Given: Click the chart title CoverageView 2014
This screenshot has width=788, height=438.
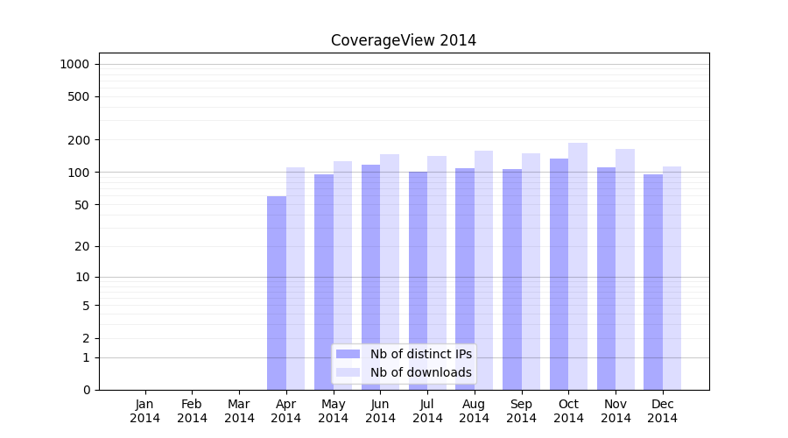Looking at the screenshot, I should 404,40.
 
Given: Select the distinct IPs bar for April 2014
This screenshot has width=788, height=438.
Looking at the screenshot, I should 277,293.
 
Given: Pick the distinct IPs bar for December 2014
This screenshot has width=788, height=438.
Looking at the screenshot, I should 653,282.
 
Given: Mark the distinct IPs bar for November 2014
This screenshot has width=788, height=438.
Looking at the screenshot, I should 606,279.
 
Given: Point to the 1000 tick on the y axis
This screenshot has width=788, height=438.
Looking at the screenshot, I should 74,64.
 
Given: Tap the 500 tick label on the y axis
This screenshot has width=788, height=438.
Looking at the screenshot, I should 80,96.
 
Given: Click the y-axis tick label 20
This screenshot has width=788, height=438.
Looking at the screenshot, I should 83,246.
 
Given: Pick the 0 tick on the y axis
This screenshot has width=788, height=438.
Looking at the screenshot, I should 86,390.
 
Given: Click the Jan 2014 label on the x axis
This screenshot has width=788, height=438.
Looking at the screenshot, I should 145,411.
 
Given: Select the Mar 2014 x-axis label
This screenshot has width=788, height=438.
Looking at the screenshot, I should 239,411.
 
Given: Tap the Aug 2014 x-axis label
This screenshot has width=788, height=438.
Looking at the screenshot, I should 475,411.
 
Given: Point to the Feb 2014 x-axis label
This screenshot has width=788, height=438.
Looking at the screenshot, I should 193,411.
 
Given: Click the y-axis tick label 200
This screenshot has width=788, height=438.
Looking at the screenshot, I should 80,140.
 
